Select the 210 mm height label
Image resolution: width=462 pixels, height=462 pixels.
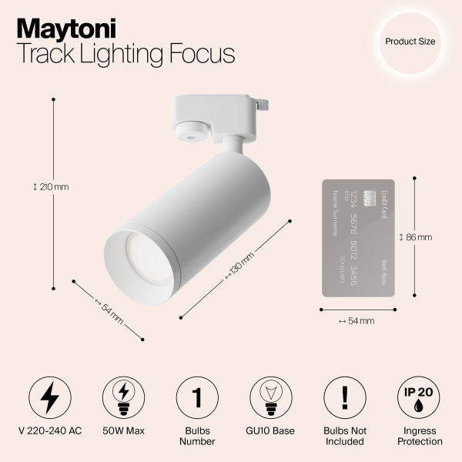(51, 187)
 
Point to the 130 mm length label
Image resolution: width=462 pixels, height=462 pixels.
(239, 266)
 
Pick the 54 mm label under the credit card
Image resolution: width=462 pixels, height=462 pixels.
(357, 320)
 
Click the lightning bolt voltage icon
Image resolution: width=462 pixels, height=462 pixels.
(49, 396)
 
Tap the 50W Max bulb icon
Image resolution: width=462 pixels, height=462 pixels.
(123, 396)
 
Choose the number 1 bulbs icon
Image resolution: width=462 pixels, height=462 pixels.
(197, 396)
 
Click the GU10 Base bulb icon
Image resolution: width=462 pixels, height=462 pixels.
(271, 396)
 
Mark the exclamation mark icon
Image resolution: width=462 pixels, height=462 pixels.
(345, 396)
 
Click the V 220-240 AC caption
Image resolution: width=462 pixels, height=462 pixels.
(49, 431)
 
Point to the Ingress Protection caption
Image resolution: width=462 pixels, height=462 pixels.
(419, 436)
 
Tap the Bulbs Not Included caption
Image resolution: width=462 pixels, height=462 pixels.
(345, 436)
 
